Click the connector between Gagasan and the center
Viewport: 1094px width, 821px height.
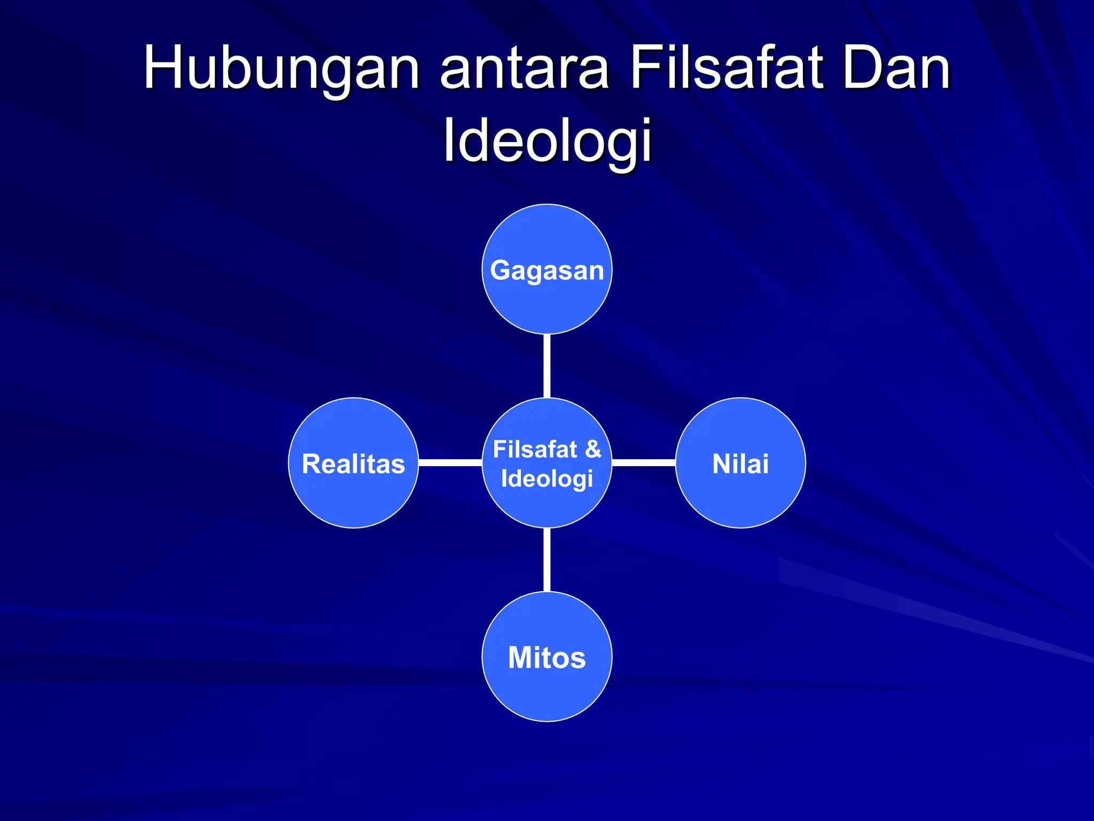pyautogui.click(x=547, y=366)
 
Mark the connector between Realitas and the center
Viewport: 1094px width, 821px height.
pyautogui.click(x=450, y=462)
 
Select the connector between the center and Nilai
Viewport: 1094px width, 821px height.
pyautogui.click(x=644, y=462)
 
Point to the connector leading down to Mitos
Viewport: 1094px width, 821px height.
pyautogui.click(x=547, y=560)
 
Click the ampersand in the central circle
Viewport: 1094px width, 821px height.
pyautogui.click(x=593, y=449)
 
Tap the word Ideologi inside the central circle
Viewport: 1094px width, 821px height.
pyautogui.click(x=547, y=479)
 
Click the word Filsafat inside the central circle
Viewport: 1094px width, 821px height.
pyautogui.click(x=535, y=449)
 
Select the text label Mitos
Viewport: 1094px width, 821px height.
pyautogui.click(x=547, y=657)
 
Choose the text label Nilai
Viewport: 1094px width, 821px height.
pyautogui.click(x=740, y=463)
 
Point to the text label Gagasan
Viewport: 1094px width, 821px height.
pyautogui.click(x=547, y=270)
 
